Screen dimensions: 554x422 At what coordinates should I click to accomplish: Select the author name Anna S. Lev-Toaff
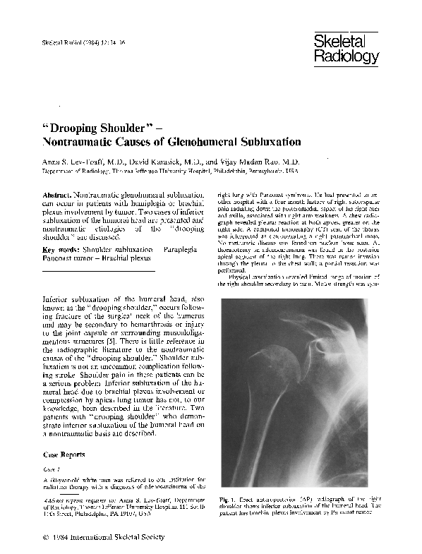point(77,162)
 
